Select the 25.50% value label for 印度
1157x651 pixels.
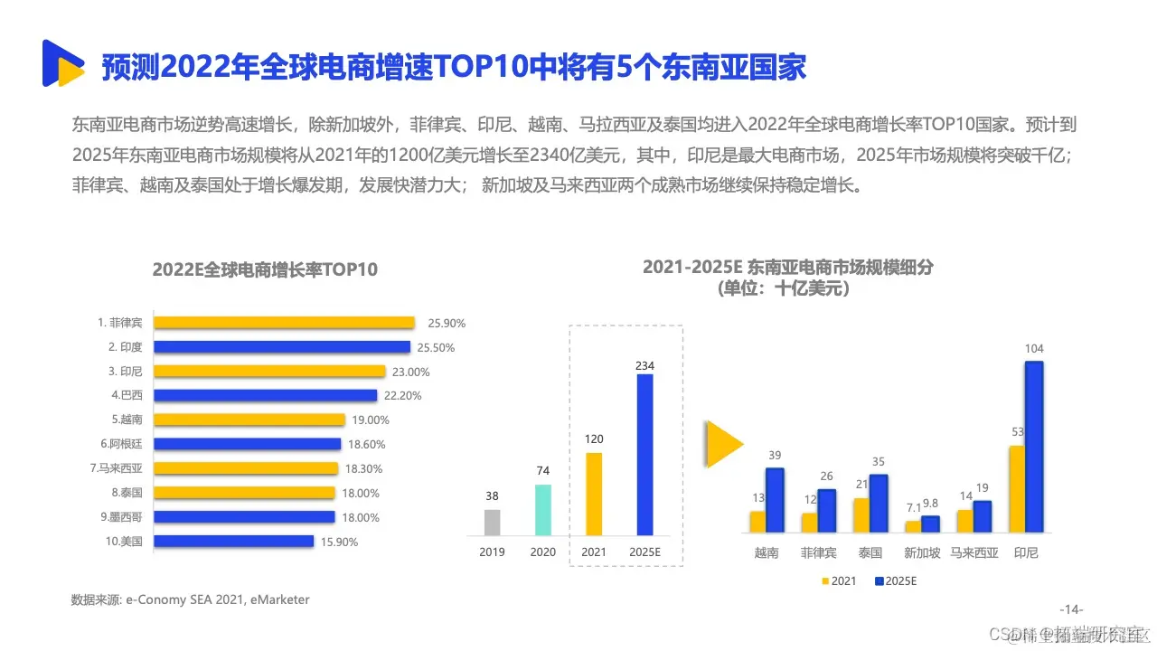(x=437, y=347)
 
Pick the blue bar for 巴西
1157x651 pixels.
(x=265, y=395)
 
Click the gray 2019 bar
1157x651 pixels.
(x=492, y=522)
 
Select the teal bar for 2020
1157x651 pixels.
(x=542, y=510)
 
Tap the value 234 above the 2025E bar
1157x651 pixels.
(x=644, y=365)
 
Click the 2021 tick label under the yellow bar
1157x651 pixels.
(x=593, y=552)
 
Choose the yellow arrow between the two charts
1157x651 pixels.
(x=723, y=444)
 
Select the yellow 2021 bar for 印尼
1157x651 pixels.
(x=1017, y=489)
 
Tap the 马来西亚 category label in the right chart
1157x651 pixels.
(x=974, y=552)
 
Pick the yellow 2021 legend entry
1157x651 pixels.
(x=838, y=580)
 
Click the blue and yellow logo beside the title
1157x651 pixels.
(x=62, y=63)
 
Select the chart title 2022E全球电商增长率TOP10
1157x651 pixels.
(x=265, y=269)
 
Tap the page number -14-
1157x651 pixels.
(x=1070, y=609)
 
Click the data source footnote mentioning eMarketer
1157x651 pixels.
(x=191, y=599)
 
